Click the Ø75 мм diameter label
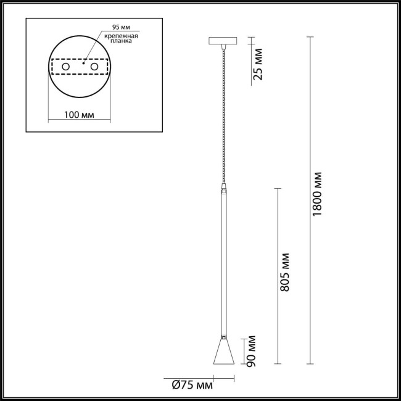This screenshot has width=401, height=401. click(192, 386)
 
